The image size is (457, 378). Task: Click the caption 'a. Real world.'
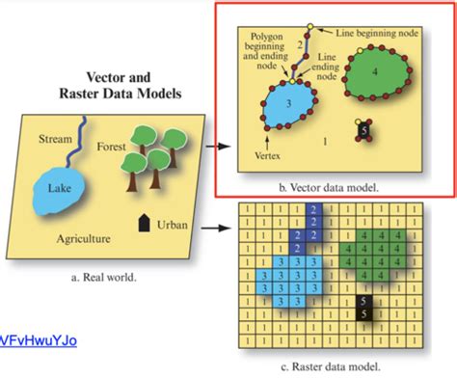coord(103,277)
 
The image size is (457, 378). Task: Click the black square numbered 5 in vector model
coord(363,128)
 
